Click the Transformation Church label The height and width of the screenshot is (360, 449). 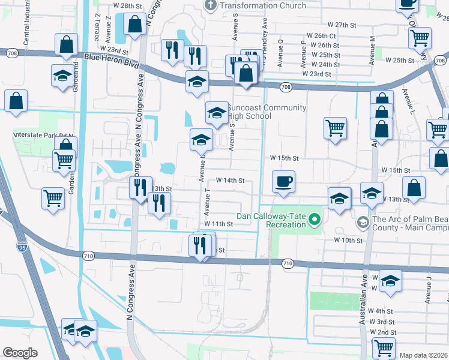(x=263, y=5)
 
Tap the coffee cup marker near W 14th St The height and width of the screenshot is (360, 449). (x=283, y=181)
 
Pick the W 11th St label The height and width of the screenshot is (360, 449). (x=218, y=224)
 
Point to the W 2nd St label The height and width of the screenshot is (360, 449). (x=383, y=332)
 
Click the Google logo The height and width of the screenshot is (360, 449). (x=20, y=352)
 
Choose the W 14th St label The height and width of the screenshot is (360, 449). (x=230, y=180)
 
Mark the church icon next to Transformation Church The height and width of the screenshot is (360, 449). (x=210, y=5)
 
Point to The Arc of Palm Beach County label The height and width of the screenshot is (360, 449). (x=411, y=224)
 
